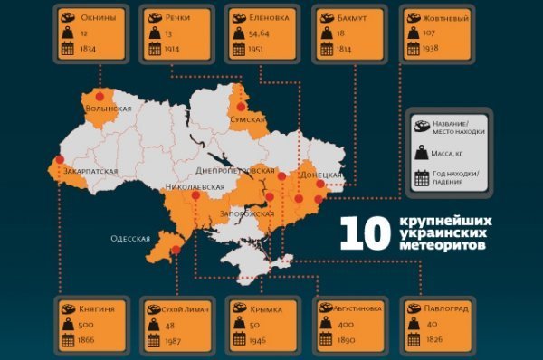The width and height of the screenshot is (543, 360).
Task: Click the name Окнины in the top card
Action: (98, 17)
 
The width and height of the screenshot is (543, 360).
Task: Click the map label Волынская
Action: (108, 109)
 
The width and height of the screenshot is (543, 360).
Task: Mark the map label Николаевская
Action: (195, 187)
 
